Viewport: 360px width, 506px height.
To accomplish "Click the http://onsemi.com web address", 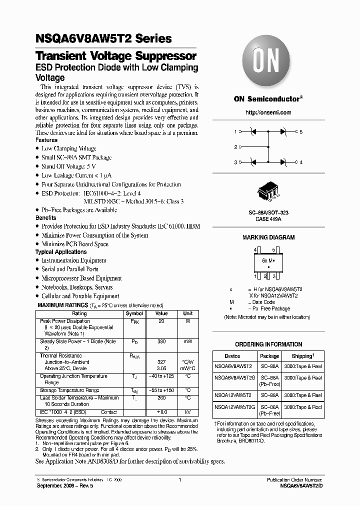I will (x=268, y=113).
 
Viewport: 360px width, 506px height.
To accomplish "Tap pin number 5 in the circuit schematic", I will (x=301, y=132).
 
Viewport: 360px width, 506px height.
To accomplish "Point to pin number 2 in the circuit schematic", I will (x=235, y=147).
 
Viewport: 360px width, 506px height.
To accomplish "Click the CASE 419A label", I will (x=268, y=219).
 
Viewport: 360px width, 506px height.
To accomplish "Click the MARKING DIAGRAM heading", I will (x=268, y=237).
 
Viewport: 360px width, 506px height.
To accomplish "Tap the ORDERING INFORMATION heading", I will (x=268, y=344).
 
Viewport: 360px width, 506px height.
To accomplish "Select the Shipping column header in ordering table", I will (x=302, y=356).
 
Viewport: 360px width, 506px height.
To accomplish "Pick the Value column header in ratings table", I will (x=161, y=313).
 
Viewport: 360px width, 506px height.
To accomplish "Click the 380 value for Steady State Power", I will (x=161, y=341).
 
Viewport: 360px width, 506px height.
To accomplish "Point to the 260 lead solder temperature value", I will (x=161, y=398).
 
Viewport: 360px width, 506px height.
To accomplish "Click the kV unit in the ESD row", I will (x=188, y=412).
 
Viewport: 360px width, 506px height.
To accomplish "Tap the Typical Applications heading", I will (x=61, y=252).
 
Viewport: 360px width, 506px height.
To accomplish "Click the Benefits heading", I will (x=46, y=218).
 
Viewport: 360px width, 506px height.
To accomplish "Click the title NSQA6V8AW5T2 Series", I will (x=103, y=38).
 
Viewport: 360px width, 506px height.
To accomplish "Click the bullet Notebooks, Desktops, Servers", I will (x=77, y=287).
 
